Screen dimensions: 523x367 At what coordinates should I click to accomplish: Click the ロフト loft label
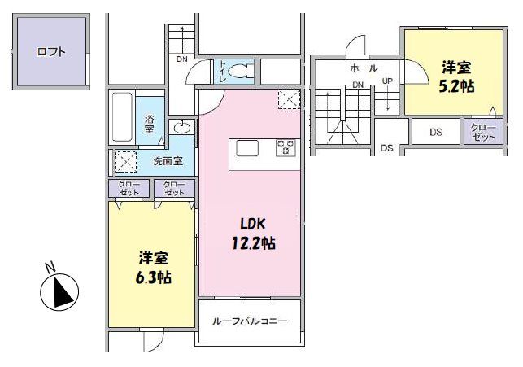tap(51, 52)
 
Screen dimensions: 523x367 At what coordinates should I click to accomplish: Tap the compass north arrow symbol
tap(59, 292)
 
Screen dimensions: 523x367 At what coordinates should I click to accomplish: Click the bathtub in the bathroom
tap(122, 117)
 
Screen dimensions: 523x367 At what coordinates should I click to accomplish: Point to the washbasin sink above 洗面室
tap(181, 128)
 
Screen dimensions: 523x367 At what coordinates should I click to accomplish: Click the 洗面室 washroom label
tap(168, 161)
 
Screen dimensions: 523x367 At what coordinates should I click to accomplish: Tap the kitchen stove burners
tap(285, 148)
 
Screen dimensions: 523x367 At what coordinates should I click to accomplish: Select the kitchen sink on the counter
tap(247, 148)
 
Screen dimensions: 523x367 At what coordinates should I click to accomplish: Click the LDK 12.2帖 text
tap(254, 234)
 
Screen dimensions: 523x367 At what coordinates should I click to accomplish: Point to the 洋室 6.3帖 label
tap(154, 268)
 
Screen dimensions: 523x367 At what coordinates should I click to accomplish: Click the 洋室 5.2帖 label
tap(456, 76)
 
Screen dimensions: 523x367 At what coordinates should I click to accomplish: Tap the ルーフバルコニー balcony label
tap(250, 321)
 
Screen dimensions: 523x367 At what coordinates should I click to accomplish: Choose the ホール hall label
tap(364, 68)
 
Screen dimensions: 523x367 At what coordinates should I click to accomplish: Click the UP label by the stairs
tap(387, 81)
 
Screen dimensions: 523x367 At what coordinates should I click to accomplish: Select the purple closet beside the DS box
tap(483, 132)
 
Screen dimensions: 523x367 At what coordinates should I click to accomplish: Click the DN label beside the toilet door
tap(182, 59)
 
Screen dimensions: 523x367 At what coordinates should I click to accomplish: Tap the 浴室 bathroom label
tap(150, 125)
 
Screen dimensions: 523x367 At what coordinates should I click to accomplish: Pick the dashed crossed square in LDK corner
tap(290, 99)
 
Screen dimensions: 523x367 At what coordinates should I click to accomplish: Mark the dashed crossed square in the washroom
tap(126, 161)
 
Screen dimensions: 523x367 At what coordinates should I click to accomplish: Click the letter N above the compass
tap(50, 268)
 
